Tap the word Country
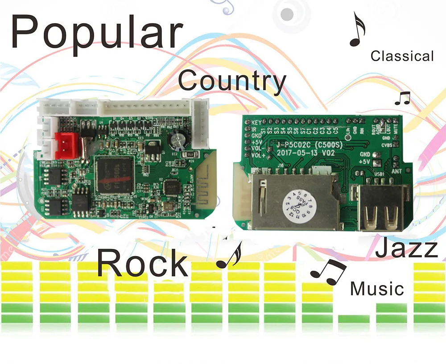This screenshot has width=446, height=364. click(232, 82)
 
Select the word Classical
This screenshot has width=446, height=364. click(402, 56)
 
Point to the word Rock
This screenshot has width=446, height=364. click(142, 263)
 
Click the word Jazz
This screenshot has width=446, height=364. click(406, 248)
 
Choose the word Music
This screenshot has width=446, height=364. click(377, 289)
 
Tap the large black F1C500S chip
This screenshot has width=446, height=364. click(114, 175)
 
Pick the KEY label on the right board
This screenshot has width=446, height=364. click(256, 122)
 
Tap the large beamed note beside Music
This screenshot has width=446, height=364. click(329, 271)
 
